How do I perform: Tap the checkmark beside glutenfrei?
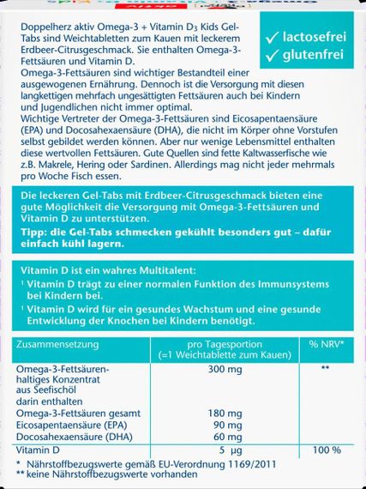point(272,57)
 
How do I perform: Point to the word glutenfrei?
point(310,57)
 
